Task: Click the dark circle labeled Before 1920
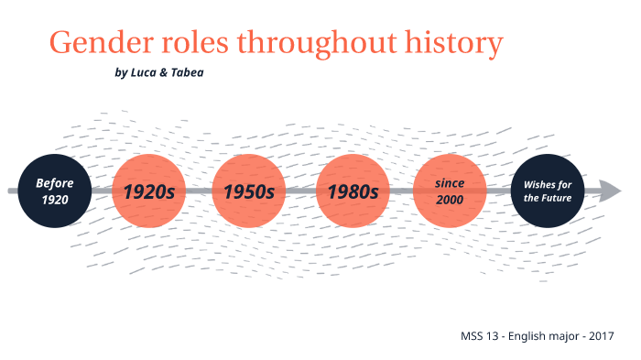[55, 191]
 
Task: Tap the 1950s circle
[249, 191]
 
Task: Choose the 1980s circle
[352, 191]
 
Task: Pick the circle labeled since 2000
[450, 191]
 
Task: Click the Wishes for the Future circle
[547, 191]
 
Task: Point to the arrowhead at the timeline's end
[611, 191]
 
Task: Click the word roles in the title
[191, 43]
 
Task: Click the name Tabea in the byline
[187, 72]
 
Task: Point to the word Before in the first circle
[55, 182]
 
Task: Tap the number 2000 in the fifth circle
[450, 200]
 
